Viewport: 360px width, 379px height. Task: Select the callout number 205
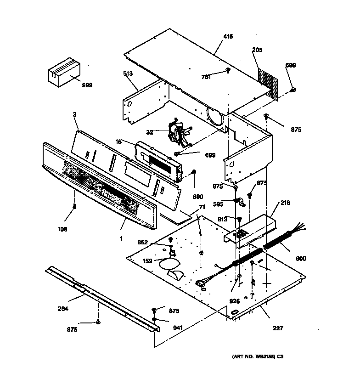pos(257,50)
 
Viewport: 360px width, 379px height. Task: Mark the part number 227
pos(278,328)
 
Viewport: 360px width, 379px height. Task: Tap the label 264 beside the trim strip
pos(63,309)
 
